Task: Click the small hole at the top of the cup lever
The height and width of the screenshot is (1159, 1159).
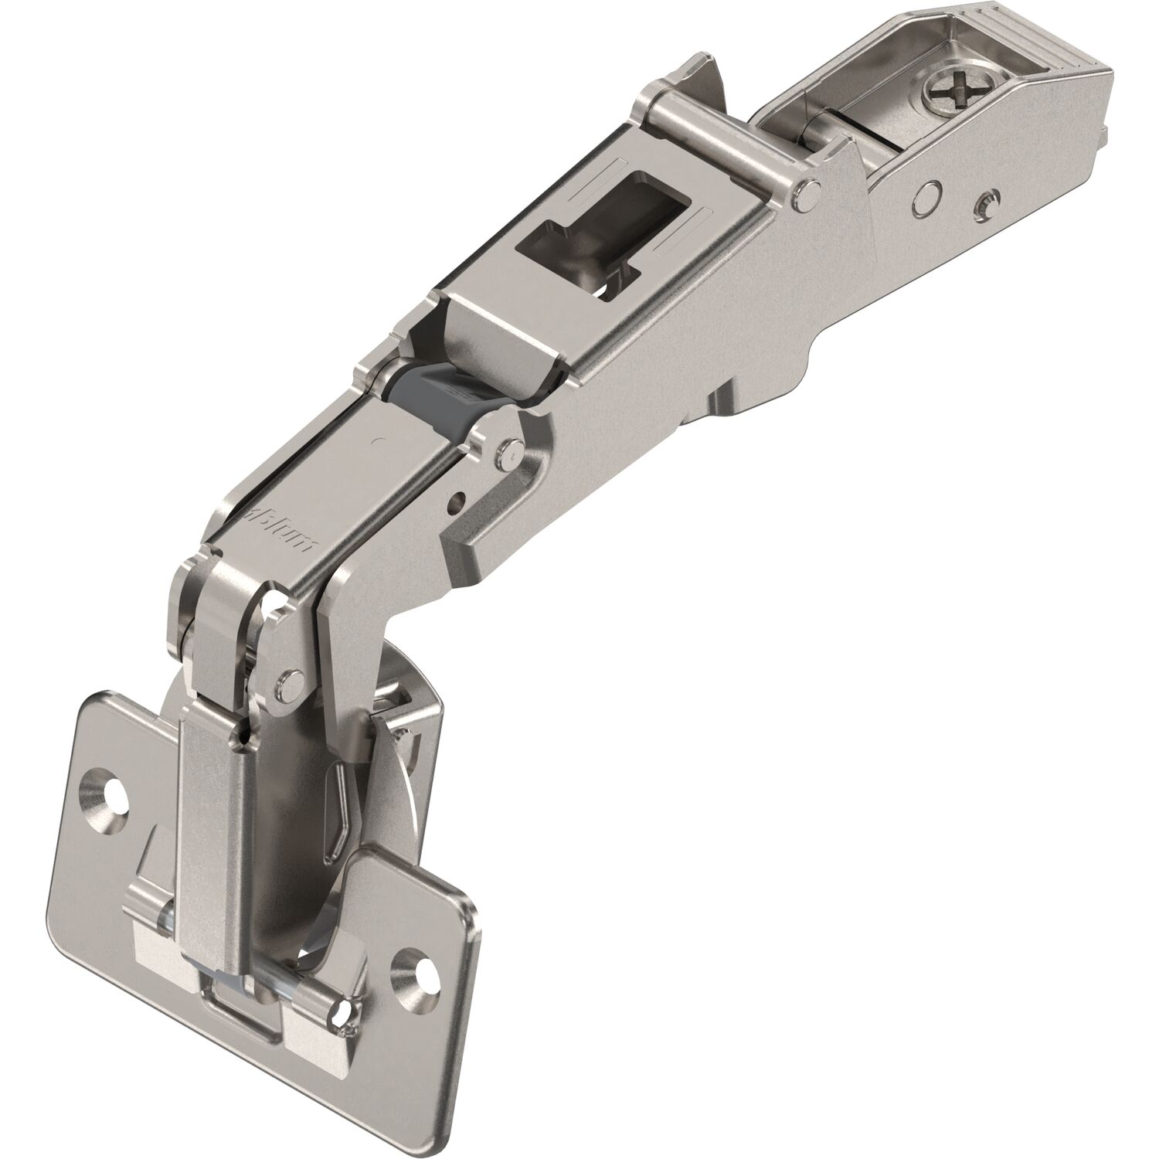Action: pyautogui.click(x=244, y=738)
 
